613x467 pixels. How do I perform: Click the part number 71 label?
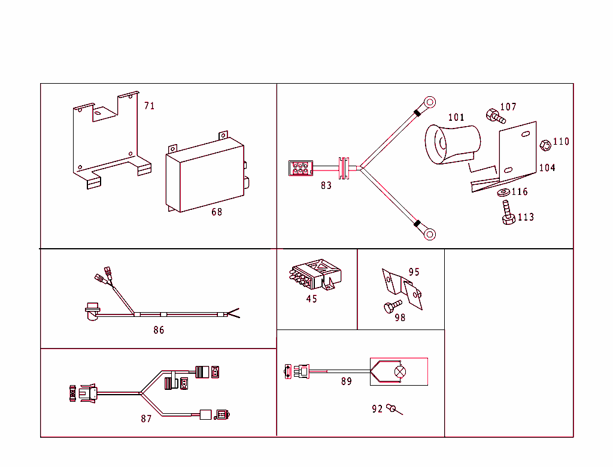coord(149,106)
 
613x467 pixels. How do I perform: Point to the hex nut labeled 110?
coord(545,145)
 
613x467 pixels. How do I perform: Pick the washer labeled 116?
coord(503,193)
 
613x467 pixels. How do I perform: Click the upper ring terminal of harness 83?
coord(429,102)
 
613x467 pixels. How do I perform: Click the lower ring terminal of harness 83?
coord(429,234)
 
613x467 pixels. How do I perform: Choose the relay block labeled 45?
coord(315,275)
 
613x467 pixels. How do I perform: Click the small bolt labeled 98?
coord(389,308)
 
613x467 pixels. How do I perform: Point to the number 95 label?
coord(414,272)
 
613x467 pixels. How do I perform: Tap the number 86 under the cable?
coord(158,330)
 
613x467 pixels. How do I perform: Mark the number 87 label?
coord(146,419)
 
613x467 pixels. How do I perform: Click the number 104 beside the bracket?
coord(547,168)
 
